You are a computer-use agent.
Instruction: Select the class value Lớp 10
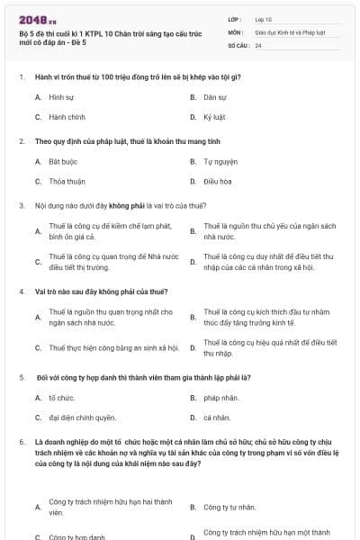(264, 19)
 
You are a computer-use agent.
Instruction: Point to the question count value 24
(258, 44)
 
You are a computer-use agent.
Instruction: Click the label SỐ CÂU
(238, 44)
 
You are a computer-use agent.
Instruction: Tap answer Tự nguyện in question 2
(220, 161)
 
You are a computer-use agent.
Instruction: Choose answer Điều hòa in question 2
(218, 181)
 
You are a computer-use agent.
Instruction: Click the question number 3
(22, 205)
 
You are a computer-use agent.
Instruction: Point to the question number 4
(22, 292)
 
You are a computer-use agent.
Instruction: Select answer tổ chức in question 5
(61, 397)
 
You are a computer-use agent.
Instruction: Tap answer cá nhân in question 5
(217, 418)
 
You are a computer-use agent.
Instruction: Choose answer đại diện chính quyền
(82, 418)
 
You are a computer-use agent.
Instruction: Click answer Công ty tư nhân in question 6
(229, 507)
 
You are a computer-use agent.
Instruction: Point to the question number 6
(22, 443)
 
